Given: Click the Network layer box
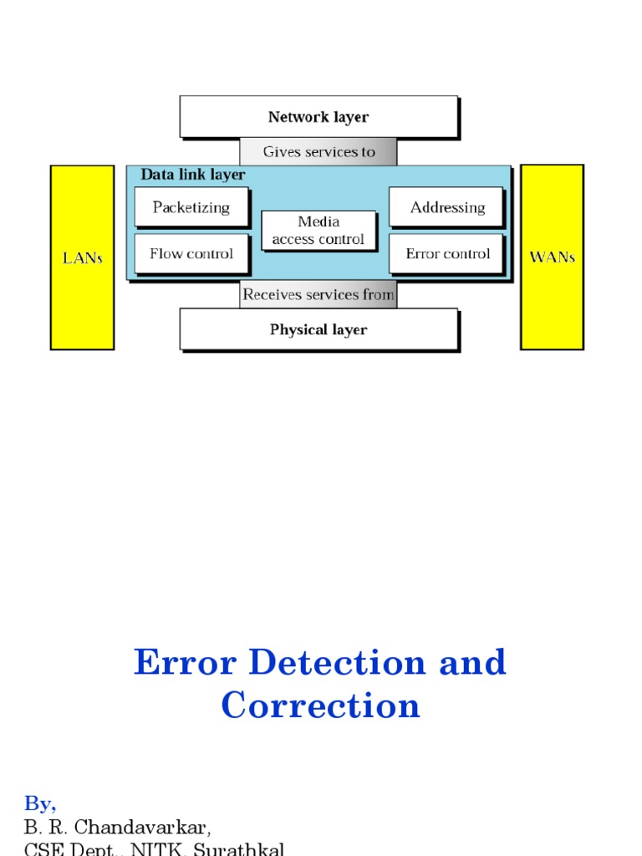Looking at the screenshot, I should click(x=318, y=116).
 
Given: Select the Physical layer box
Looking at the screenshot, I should click(x=318, y=329).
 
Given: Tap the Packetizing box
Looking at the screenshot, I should click(x=191, y=207).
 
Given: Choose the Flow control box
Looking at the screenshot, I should click(x=191, y=253).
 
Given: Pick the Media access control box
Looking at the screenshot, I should click(x=318, y=231).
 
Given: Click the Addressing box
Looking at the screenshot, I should click(x=446, y=207).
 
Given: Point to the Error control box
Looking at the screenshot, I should click(x=446, y=253).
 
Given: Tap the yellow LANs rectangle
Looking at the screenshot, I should click(x=82, y=257).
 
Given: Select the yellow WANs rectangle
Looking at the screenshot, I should click(x=552, y=257).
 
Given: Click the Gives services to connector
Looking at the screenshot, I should click(x=318, y=152).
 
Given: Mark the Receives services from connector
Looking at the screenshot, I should click(x=318, y=295).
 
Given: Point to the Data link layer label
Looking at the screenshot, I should click(x=193, y=175).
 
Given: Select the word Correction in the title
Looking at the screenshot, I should click(x=320, y=706).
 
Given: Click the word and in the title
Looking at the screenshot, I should click(x=473, y=663).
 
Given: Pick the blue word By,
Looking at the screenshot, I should click(x=40, y=804).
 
